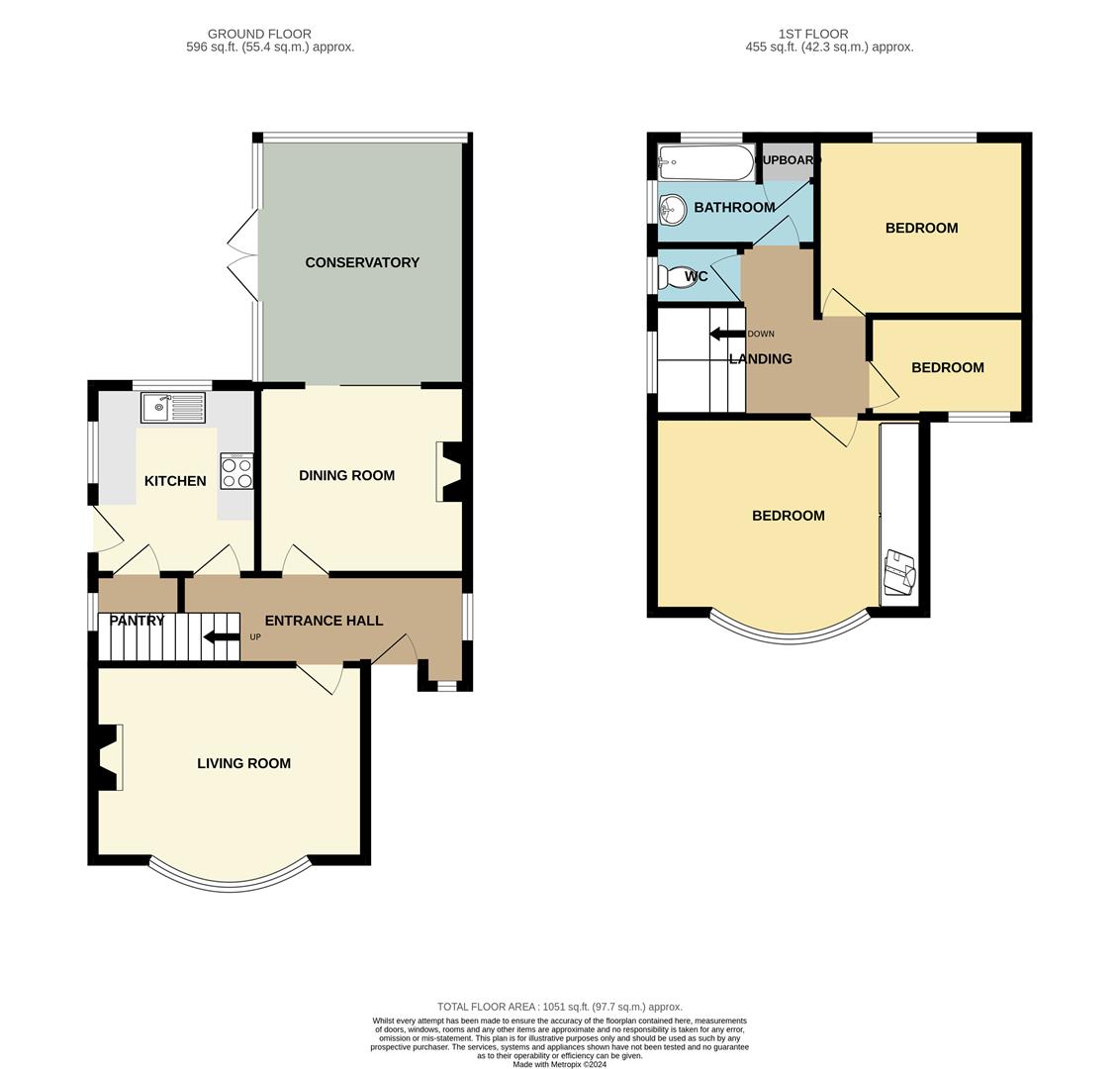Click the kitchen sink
[x=173, y=407]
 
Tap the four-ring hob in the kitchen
[x=236, y=471]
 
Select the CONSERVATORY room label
[x=362, y=262]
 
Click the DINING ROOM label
[x=347, y=475]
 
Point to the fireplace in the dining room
[x=450, y=471]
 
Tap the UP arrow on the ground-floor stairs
[x=222, y=637]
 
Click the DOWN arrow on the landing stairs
[x=727, y=334]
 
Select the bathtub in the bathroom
[x=705, y=162]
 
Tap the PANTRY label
[x=137, y=621]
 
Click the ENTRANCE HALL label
[x=324, y=622]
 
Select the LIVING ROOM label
[x=244, y=763]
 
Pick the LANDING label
[x=761, y=359]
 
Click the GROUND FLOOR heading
[x=260, y=34]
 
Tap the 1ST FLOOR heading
[x=813, y=34]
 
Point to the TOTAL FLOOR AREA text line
[x=560, y=1007]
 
